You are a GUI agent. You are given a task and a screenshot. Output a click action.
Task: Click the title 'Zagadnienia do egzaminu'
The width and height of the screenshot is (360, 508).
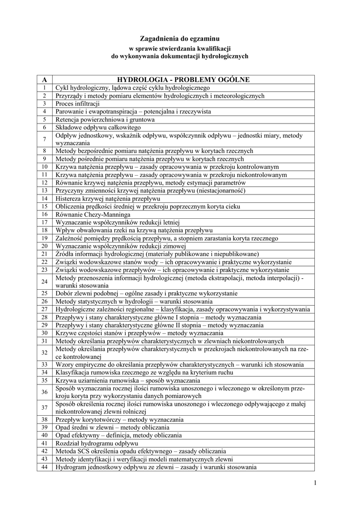coord(179,38)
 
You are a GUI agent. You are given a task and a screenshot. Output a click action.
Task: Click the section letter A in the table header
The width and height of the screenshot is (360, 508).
coord(44,79)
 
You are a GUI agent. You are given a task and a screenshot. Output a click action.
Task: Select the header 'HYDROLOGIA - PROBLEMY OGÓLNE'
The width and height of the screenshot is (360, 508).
coord(183,79)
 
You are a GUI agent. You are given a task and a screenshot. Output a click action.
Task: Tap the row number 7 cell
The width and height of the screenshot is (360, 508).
coord(44,138)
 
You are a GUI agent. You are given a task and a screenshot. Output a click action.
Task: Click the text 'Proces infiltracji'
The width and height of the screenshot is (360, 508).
coord(78,104)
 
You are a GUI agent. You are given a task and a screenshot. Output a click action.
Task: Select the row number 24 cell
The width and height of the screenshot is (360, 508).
coord(44,281)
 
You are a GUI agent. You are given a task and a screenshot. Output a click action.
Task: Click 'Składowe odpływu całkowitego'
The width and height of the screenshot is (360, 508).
coord(91,127)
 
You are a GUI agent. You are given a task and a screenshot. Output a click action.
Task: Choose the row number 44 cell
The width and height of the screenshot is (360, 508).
coord(44,467)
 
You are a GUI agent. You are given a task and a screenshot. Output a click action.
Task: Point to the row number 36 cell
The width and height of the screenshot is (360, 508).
coord(44,392)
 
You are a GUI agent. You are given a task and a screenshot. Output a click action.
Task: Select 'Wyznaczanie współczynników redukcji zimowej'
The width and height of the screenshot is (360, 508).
coord(121,246)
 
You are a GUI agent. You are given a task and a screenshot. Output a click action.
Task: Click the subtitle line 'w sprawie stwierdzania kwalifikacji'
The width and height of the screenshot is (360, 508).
coord(179,49)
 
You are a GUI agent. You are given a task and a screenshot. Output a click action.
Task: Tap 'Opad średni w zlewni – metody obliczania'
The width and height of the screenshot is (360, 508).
coord(112,427)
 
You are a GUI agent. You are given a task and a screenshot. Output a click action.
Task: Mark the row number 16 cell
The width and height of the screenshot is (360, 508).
coord(44,215)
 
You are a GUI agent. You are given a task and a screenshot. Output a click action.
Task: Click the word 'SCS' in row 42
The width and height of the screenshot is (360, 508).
coord(85,451)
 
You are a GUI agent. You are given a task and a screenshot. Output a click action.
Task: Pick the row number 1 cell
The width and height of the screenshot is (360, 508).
coord(44,87)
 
